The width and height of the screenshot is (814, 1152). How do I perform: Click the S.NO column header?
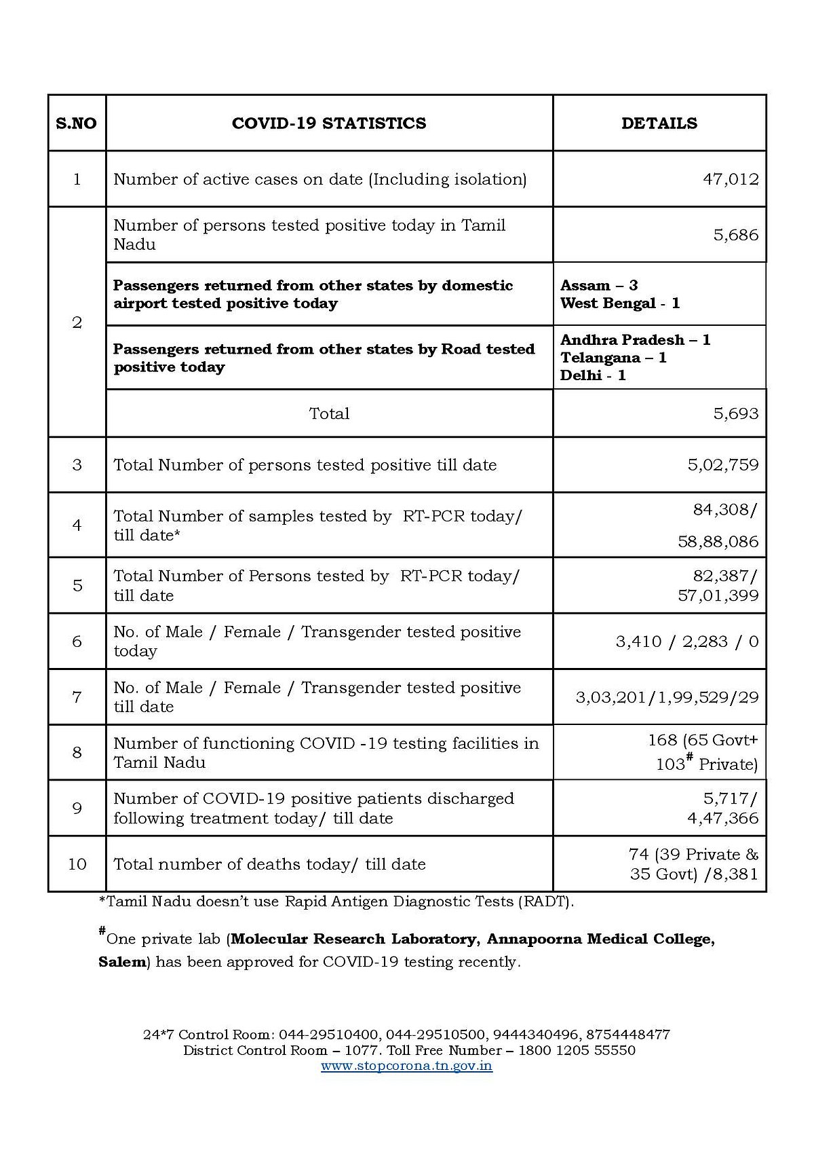tap(76, 124)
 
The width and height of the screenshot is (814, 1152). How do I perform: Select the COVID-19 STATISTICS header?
tap(329, 124)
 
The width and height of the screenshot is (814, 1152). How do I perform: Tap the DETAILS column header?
tap(659, 124)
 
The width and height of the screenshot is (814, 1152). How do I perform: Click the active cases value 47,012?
tap(731, 179)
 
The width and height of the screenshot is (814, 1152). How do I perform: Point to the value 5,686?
tap(735, 235)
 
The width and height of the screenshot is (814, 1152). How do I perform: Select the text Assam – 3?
tap(599, 285)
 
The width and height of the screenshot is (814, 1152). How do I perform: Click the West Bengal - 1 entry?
tap(620, 303)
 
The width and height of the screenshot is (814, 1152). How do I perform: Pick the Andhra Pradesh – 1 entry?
tap(635, 339)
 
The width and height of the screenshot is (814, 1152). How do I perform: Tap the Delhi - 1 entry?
tap(593, 375)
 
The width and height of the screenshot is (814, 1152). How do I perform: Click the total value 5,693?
tap(735, 413)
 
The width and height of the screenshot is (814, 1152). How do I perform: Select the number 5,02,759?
tap(722, 465)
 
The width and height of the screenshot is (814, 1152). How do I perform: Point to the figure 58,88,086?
tap(718, 542)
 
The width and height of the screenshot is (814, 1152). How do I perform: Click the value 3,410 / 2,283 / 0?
tap(686, 642)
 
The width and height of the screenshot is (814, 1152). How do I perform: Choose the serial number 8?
tap(77, 752)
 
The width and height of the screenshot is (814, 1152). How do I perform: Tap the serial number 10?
tap(77, 864)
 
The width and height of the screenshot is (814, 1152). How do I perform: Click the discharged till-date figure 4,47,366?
tap(722, 818)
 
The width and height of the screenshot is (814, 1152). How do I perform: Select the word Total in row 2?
tap(329, 413)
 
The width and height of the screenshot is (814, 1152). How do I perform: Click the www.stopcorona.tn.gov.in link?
tap(406, 1065)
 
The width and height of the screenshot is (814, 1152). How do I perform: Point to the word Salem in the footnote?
tap(122, 962)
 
